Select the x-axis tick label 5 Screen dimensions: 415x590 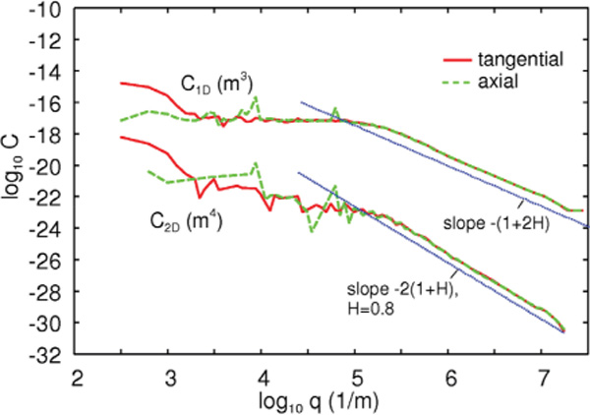click(356, 378)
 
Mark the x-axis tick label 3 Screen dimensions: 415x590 click(170, 378)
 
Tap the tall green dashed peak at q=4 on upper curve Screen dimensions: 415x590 click(258, 97)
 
